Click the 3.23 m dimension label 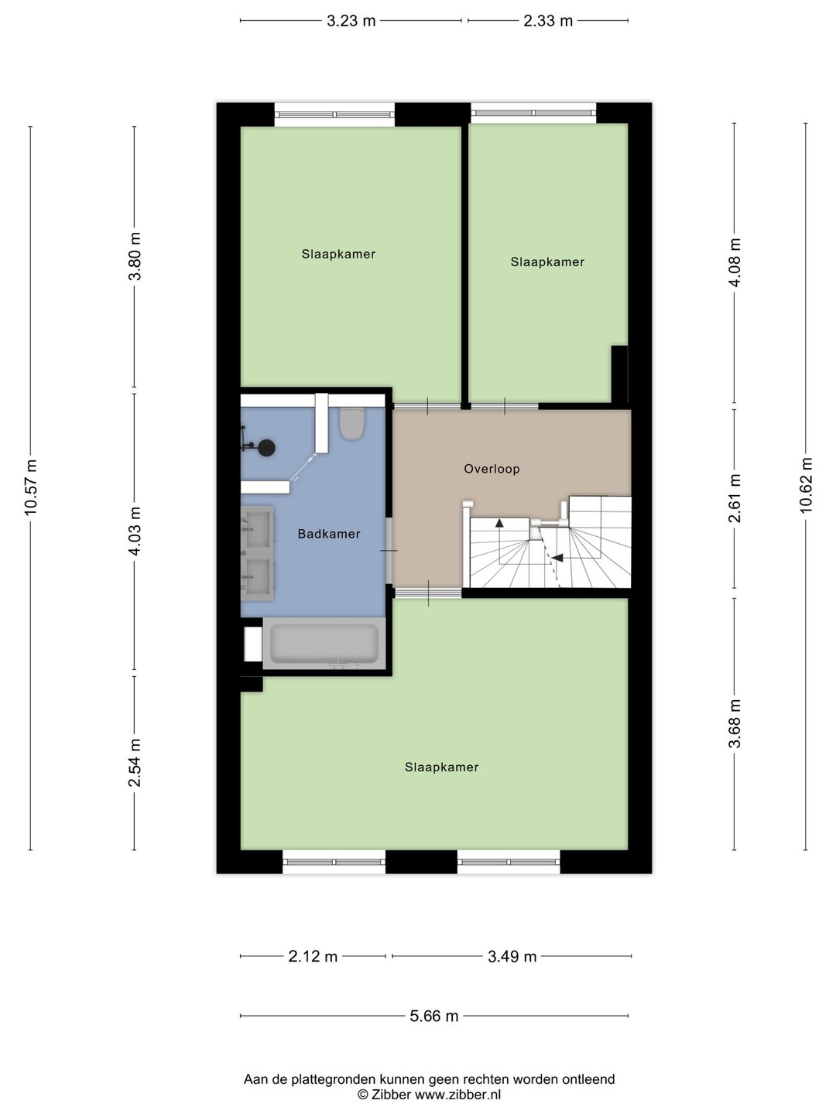click(x=351, y=21)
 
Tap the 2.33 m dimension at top click(x=548, y=21)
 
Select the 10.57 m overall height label click(x=31, y=487)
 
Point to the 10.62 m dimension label click(x=806, y=486)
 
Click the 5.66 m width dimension click(x=434, y=1016)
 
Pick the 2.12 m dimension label click(x=313, y=956)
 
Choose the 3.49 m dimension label click(x=512, y=956)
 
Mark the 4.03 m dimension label click(x=135, y=531)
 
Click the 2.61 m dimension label click(x=735, y=498)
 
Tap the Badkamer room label click(x=329, y=534)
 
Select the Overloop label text click(x=492, y=469)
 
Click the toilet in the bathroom click(x=351, y=423)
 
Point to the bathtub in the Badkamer click(x=324, y=643)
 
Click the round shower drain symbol click(x=266, y=448)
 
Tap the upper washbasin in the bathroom click(x=258, y=526)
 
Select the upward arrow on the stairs click(x=499, y=523)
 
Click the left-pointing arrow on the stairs click(x=557, y=558)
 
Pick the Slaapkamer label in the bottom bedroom click(x=441, y=767)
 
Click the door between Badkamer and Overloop click(x=389, y=551)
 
